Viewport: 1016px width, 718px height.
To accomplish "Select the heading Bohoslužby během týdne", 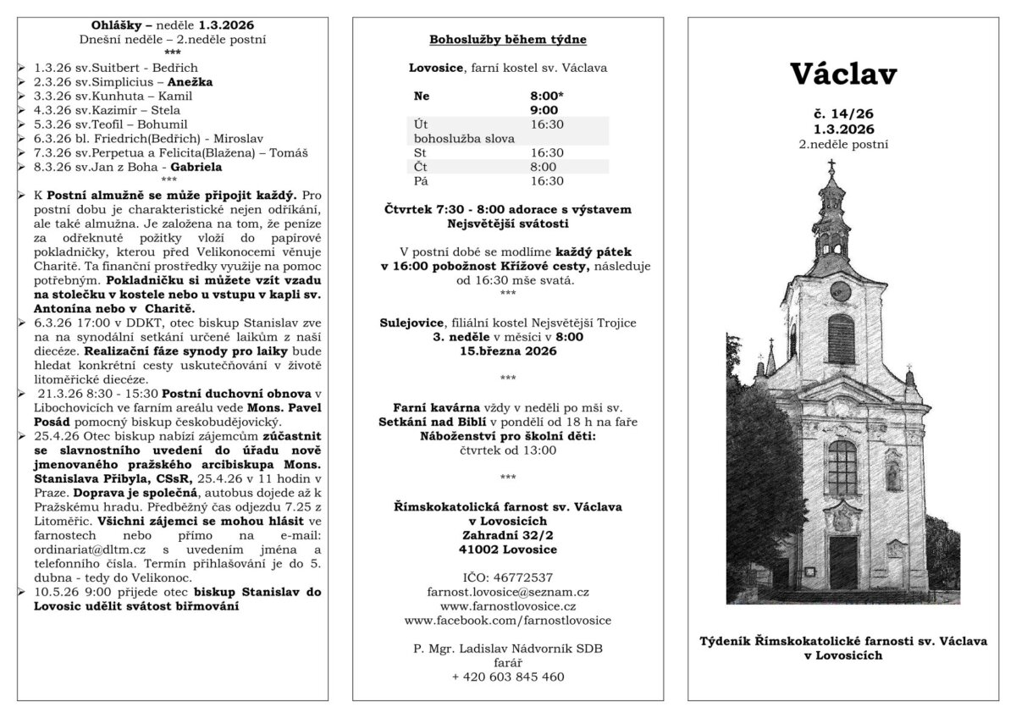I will tap(508, 40).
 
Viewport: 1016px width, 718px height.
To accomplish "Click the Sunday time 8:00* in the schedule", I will tap(546, 96).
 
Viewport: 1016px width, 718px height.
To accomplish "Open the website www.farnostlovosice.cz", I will tap(508, 606).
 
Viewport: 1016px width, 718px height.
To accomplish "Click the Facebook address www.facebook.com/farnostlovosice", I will tap(508, 621).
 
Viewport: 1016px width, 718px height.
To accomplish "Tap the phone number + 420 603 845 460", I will tap(508, 677).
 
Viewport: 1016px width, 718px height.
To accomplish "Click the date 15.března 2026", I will tap(508, 351).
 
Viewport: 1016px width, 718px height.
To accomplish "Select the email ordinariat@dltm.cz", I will tap(87, 550).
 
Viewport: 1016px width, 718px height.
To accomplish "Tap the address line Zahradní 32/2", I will tap(508, 535).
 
